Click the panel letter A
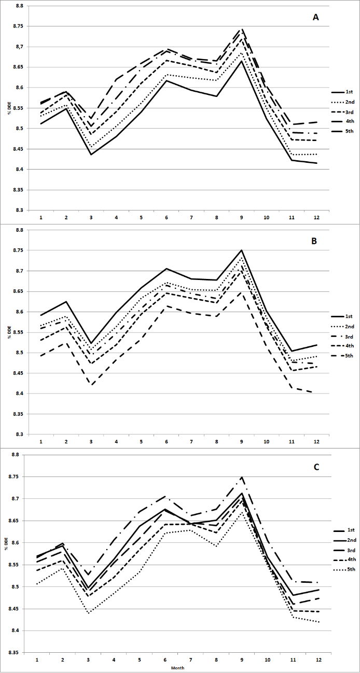315,18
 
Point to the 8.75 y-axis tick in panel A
17,26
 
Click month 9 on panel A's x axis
242,217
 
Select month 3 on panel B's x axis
91,441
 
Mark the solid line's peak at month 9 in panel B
242,250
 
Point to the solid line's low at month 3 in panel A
91,155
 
